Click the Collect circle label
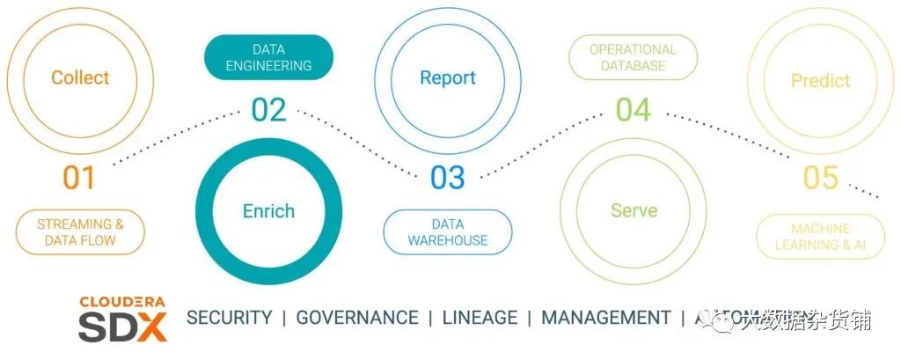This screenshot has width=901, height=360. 79,77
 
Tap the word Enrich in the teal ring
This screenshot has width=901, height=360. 268,210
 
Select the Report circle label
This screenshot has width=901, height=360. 447,77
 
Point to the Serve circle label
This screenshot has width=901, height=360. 634,210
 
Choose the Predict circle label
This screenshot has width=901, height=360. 820,81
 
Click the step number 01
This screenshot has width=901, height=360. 78,178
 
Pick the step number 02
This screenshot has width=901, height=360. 268,110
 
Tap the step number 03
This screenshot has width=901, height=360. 447,178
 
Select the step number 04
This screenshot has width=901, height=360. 633,110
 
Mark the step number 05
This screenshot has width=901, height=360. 820,178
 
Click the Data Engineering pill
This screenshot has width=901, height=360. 268,57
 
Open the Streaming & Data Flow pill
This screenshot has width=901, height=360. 79,232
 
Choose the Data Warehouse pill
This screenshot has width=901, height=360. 447,232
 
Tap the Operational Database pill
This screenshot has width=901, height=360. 633,57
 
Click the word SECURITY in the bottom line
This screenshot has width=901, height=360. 229,318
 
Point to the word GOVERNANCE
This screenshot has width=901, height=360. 356,318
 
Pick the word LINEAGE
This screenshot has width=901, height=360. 480,318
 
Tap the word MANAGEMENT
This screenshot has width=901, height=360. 605,318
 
